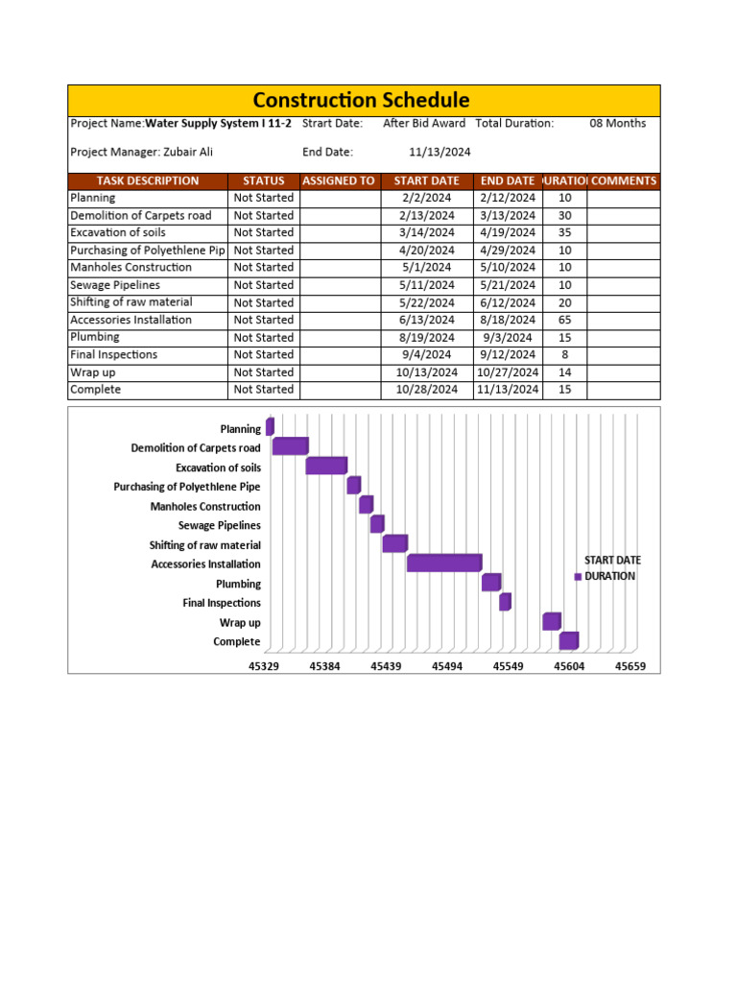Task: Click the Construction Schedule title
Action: [x=361, y=100]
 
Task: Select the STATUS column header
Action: [x=264, y=180]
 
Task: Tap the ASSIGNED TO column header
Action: [x=338, y=180]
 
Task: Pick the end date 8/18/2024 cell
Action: [x=507, y=320]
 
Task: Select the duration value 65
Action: [x=564, y=320]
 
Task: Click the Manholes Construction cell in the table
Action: [x=131, y=268]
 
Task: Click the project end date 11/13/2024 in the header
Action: [x=440, y=152]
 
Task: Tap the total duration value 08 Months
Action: [x=617, y=123]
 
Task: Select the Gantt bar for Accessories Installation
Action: [x=443, y=563]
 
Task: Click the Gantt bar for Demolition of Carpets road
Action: [x=290, y=446]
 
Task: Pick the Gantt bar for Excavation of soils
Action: [x=325, y=467]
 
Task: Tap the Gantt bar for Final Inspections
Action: [x=505, y=602]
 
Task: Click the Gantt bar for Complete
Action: [x=568, y=640]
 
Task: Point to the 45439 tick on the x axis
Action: [x=386, y=665]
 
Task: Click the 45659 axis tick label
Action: [x=630, y=665]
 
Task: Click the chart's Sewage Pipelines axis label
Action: [x=219, y=525]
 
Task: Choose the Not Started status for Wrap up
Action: [x=264, y=372]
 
